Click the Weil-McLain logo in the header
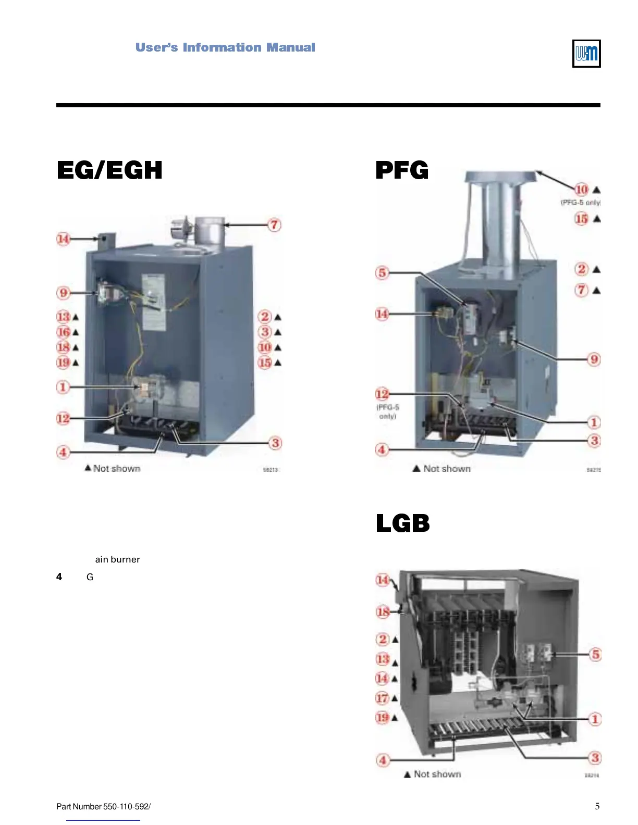[x=586, y=54]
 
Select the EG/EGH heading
[x=109, y=170]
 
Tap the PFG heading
[x=402, y=170]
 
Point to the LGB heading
[x=402, y=523]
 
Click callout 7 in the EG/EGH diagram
[x=274, y=225]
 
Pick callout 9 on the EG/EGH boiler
[x=63, y=292]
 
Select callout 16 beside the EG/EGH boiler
[x=64, y=332]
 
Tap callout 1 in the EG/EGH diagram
[x=63, y=387]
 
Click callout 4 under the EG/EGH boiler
[x=63, y=452]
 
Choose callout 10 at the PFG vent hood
[x=581, y=190]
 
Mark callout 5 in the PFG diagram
[x=382, y=272]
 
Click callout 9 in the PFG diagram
[x=594, y=359]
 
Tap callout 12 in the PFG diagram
[x=382, y=394]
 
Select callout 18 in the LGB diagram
[x=383, y=611]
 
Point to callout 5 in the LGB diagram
[x=595, y=655]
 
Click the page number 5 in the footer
[x=597, y=806]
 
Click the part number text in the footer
[x=103, y=807]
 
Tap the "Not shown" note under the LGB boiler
[x=437, y=774]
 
